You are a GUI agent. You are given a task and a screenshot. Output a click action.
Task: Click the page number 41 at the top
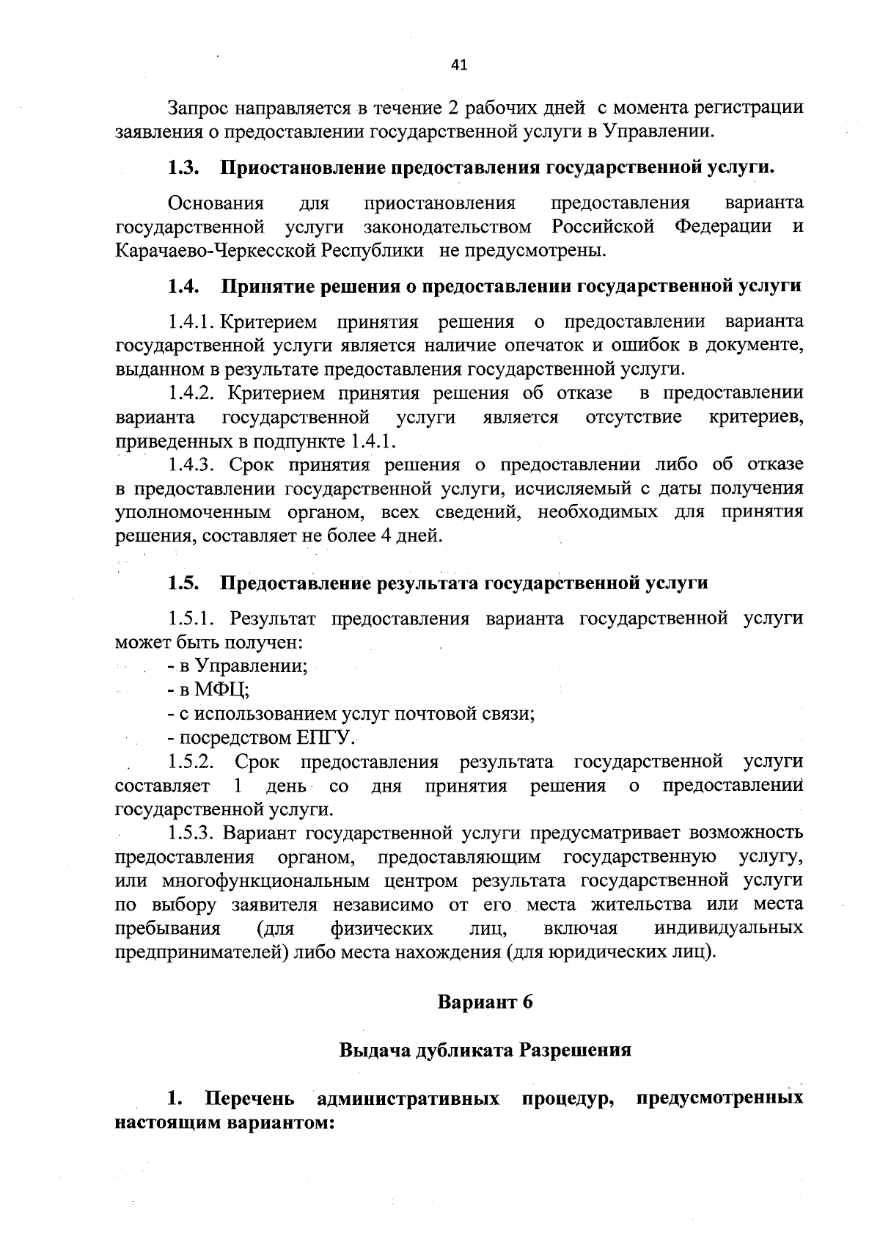(x=458, y=65)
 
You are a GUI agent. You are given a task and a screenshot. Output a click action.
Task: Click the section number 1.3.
(x=184, y=168)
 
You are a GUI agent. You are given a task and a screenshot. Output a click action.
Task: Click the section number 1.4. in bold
(x=184, y=286)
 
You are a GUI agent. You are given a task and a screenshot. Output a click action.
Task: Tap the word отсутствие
(x=634, y=417)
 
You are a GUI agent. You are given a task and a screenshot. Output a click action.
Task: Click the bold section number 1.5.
(x=184, y=583)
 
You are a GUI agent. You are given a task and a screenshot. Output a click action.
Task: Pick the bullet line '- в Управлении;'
(x=237, y=666)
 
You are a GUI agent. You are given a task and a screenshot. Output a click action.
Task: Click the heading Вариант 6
(x=485, y=1002)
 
